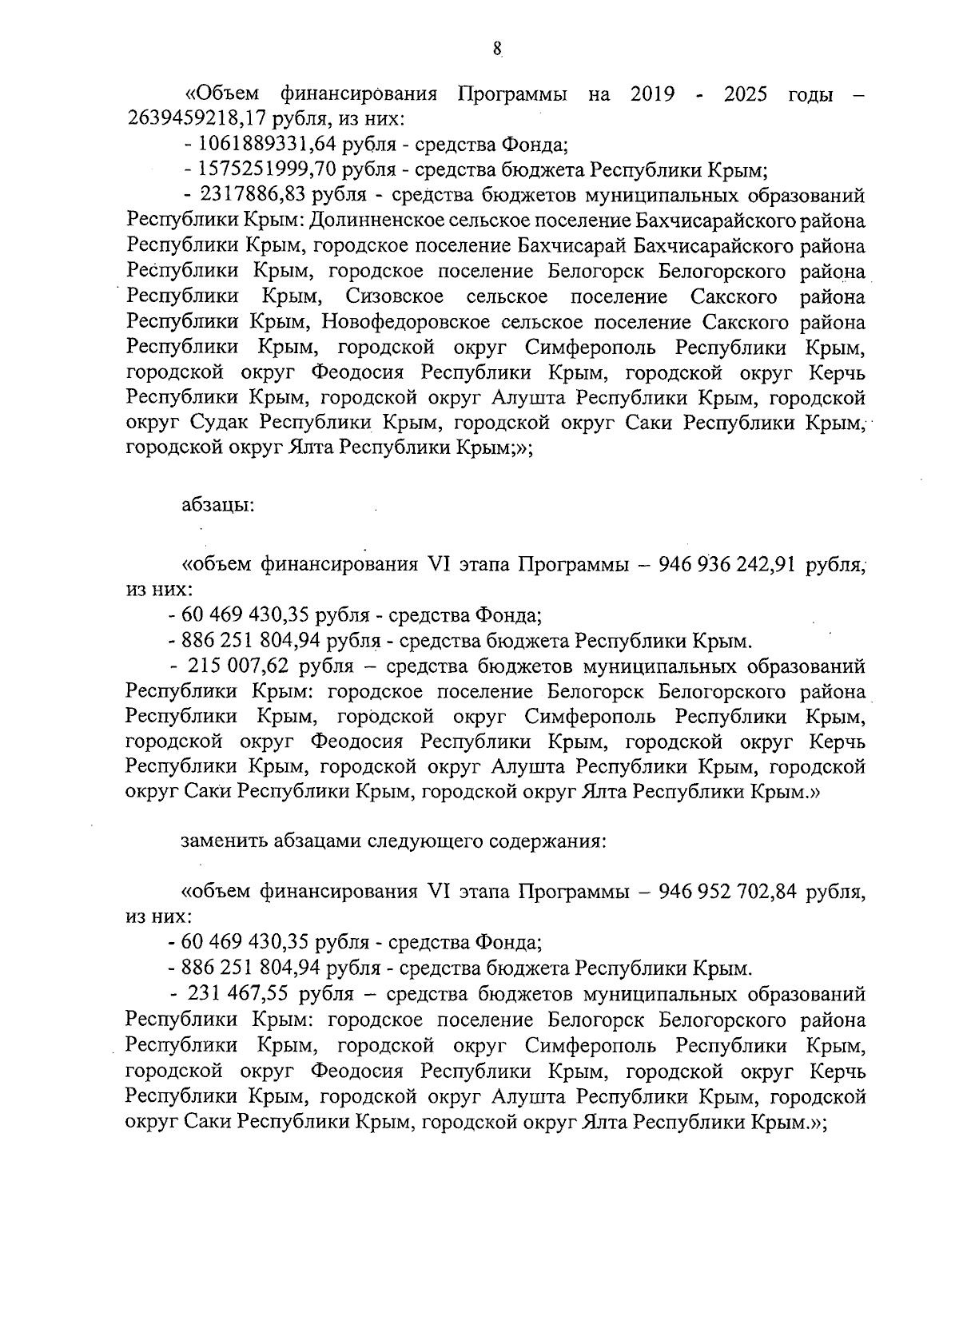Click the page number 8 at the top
point(496,50)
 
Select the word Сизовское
point(395,297)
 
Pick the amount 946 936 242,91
point(726,565)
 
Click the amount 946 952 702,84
point(728,893)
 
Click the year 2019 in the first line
point(652,96)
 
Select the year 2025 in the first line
point(745,96)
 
